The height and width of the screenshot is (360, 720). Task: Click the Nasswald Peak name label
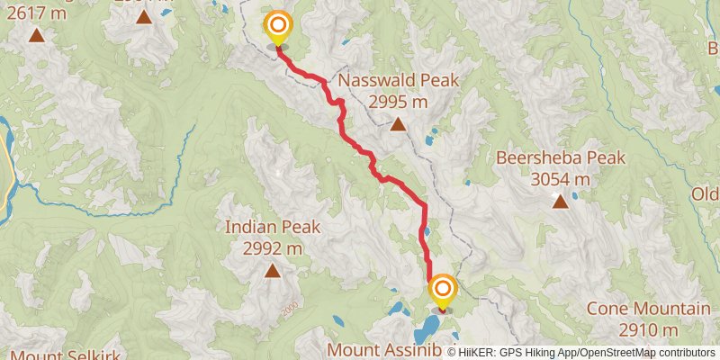(x=398, y=80)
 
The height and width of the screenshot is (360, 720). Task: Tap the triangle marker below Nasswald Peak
(x=398, y=123)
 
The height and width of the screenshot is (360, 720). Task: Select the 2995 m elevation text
(x=398, y=101)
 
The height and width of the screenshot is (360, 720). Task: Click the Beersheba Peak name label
(x=560, y=158)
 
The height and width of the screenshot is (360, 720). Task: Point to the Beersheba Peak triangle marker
(x=560, y=201)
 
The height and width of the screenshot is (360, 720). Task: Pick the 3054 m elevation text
(x=560, y=179)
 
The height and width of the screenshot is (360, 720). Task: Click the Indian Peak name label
(x=272, y=227)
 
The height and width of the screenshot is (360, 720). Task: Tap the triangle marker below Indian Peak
(x=272, y=269)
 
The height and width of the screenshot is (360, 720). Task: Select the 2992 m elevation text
(x=272, y=247)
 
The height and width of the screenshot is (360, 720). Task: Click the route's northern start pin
(x=278, y=26)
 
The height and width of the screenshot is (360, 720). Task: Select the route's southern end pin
(x=442, y=290)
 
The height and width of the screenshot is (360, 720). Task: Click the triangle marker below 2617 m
(x=36, y=35)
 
